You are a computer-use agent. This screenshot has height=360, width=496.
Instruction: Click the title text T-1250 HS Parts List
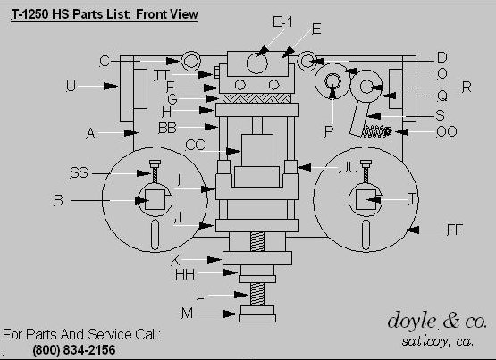coord(71,14)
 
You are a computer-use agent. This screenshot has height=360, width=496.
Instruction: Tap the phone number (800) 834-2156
coord(74,350)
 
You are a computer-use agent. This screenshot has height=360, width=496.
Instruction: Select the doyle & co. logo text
coord(437,321)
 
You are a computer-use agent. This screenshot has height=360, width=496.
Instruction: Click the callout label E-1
coord(282,22)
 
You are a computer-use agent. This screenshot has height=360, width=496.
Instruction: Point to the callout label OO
coord(446,131)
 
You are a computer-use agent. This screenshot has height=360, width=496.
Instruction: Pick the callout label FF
coord(455,230)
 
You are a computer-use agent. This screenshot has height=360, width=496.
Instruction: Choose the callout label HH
coord(185,274)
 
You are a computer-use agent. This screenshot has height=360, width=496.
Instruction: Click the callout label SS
coord(79,173)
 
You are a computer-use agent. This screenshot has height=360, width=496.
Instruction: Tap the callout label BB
coord(167,128)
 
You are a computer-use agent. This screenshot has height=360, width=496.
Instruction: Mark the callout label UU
coord(348,167)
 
